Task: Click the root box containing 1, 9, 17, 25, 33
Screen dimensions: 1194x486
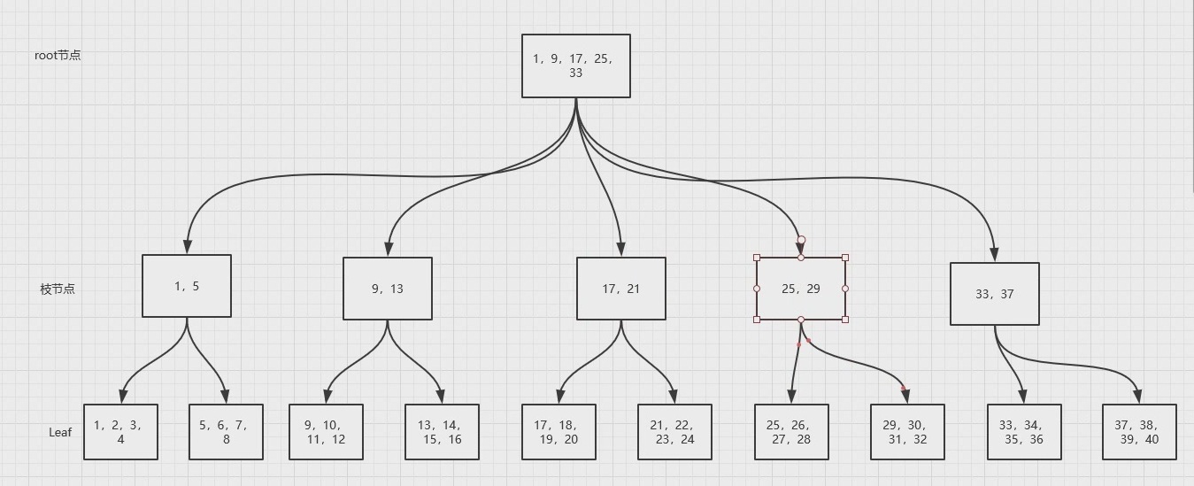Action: (575, 66)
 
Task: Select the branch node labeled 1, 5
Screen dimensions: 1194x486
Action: (187, 286)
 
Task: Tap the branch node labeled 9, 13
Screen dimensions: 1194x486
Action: (388, 289)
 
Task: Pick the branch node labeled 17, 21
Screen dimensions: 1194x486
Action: (620, 289)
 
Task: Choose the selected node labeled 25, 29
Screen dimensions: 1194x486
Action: (801, 289)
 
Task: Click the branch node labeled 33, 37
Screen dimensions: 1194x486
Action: (995, 294)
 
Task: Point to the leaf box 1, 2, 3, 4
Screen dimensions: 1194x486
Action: (120, 432)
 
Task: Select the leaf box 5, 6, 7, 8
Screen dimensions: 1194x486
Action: (226, 432)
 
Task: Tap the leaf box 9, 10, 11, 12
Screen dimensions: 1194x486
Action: (326, 432)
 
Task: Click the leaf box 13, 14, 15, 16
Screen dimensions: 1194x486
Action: (442, 432)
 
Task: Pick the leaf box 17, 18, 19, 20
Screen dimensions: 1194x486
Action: (558, 432)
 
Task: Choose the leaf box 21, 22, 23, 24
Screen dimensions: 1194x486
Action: (674, 432)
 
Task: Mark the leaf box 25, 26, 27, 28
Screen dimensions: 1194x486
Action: (791, 432)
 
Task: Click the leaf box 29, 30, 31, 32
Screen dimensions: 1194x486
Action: (907, 432)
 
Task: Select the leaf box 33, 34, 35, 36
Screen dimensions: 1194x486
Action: (1024, 432)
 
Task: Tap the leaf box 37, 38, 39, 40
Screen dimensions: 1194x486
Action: (1139, 432)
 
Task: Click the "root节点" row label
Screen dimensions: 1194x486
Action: (58, 55)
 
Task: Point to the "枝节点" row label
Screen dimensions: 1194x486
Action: (58, 289)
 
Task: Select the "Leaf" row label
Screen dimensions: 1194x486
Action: (60, 432)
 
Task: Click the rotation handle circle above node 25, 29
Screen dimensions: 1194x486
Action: (801, 240)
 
